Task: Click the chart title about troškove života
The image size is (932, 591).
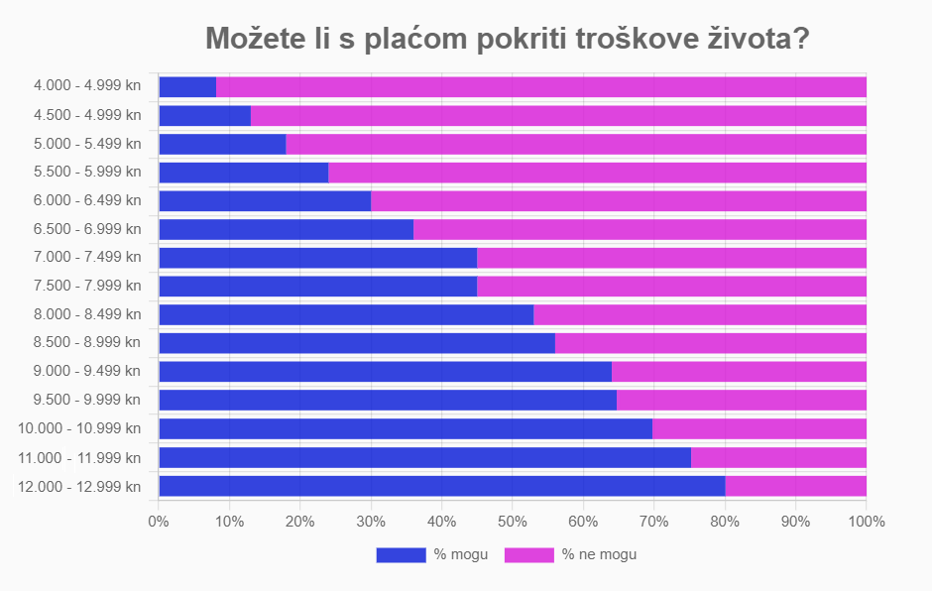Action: pos(507,39)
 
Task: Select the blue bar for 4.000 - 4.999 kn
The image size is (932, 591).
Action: pos(187,86)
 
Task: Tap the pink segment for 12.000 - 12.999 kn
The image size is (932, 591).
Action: pos(795,486)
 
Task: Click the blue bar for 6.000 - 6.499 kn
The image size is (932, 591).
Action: pos(265,200)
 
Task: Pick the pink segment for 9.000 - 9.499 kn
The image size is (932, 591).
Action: pos(739,372)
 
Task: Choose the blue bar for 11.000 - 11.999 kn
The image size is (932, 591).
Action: pos(424,457)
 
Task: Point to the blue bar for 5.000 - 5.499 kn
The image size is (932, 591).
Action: pos(222,144)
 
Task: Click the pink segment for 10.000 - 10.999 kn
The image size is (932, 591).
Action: pos(758,428)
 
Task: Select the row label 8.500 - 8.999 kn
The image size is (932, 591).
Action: pos(87,343)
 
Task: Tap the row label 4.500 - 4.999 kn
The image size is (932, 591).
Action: pos(87,115)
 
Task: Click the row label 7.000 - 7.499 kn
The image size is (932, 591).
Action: pos(87,258)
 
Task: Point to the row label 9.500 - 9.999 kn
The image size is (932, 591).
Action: pos(87,400)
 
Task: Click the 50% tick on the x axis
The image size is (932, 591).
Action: pos(512,521)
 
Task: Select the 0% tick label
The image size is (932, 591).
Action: pos(158,521)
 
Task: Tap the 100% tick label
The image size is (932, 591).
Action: pos(866,521)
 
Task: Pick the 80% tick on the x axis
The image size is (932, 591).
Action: pos(725,521)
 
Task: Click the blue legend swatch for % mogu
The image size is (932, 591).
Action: pos(400,555)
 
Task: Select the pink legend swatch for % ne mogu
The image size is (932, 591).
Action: pos(528,555)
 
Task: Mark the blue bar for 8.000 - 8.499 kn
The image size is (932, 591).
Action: pos(346,314)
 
